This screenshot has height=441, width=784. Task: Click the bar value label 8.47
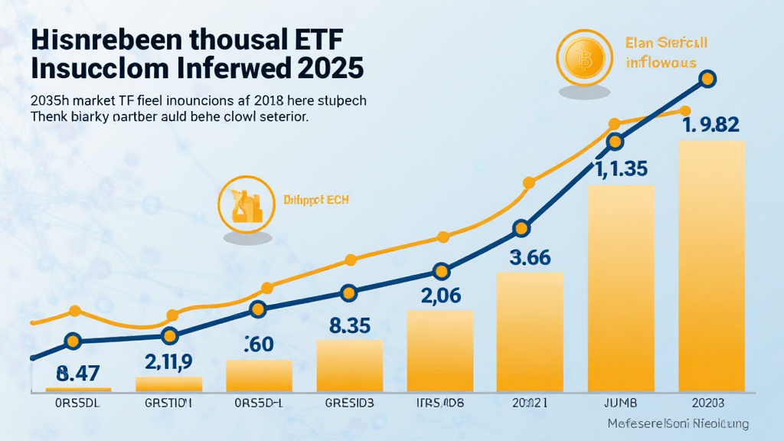79,374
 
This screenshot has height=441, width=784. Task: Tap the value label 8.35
350,325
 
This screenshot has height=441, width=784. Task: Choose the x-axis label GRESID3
350,402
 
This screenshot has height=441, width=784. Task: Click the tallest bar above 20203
711,268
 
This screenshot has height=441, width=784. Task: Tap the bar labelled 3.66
530,333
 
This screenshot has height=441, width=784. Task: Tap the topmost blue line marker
707,78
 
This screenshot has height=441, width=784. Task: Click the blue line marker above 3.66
521,228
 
